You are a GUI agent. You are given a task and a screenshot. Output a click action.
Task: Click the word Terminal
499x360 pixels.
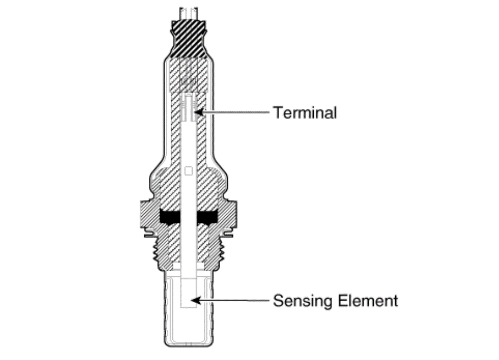tap(305, 112)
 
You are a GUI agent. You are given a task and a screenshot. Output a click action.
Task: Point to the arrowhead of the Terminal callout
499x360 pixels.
tap(198, 112)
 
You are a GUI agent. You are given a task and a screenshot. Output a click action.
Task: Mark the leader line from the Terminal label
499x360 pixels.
tap(236, 112)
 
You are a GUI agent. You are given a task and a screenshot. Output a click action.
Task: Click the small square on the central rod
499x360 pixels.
tap(189, 170)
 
